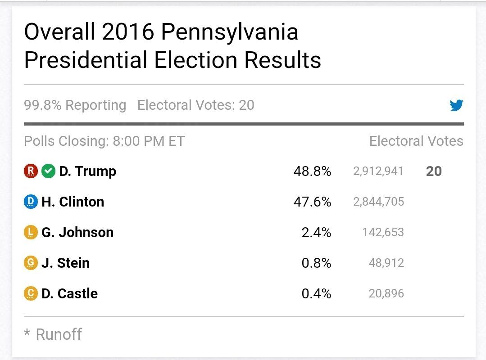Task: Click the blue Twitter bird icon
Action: pyautogui.click(x=456, y=106)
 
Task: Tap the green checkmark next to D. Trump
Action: pyautogui.click(x=48, y=171)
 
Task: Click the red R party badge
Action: pyautogui.click(x=31, y=171)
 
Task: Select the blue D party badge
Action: pyautogui.click(x=30, y=202)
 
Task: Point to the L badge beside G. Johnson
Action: pyautogui.click(x=30, y=233)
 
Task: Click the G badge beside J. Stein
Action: pyautogui.click(x=30, y=263)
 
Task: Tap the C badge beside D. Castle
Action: pyautogui.click(x=30, y=293)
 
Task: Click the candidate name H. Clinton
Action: pyautogui.click(x=73, y=202)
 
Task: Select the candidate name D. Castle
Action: pyautogui.click(x=69, y=293)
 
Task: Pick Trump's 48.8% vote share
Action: pyautogui.click(x=312, y=171)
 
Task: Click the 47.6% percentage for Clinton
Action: pyautogui.click(x=312, y=202)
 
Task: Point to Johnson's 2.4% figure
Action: pyautogui.click(x=316, y=233)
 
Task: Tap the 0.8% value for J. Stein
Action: pyautogui.click(x=316, y=263)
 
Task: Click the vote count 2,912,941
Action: pyautogui.click(x=378, y=171)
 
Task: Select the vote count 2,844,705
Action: pyautogui.click(x=378, y=202)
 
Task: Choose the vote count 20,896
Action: pyautogui.click(x=386, y=293)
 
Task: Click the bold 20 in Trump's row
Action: pyautogui.click(x=434, y=171)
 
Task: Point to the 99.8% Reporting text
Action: pyautogui.click(x=75, y=105)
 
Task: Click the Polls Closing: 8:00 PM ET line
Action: pyautogui.click(x=104, y=141)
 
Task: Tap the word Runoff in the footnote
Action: pyautogui.click(x=59, y=334)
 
